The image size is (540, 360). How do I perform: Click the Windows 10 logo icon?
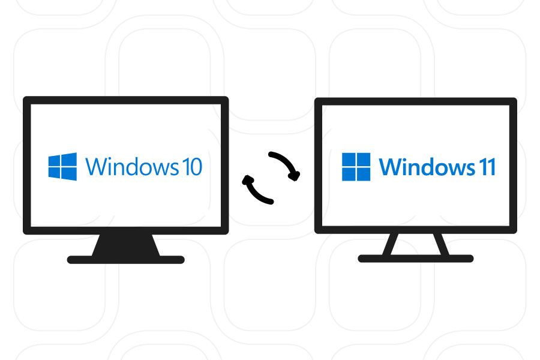tap(62, 167)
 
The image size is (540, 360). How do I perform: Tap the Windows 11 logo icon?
tap(356, 167)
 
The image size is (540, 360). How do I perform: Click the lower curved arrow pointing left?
tap(257, 188)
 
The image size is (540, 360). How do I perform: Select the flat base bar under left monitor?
tap(126, 260)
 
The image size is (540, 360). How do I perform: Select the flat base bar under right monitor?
tap(415, 259)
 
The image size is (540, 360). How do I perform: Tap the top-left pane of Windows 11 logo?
tap(349, 160)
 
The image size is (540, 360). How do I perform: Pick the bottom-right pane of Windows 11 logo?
tap(364, 174)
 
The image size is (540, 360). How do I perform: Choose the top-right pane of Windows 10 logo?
tap(70, 159)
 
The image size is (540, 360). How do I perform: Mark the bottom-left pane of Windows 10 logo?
tap(55, 173)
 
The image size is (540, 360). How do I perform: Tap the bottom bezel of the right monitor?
tap(415, 229)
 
